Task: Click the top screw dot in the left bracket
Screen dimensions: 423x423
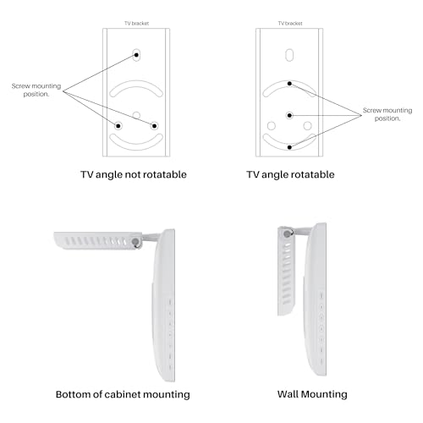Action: [x=136, y=55]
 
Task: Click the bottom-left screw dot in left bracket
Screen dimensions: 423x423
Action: [x=118, y=126]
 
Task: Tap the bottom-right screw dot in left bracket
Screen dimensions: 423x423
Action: [x=154, y=126]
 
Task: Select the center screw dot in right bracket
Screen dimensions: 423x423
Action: [x=289, y=115]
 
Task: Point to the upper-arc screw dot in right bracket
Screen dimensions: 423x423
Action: [x=289, y=84]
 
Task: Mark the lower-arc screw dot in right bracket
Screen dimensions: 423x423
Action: [x=289, y=147]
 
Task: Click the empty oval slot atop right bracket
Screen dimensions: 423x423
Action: [x=289, y=55]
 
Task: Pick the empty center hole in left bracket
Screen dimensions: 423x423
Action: [x=136, y=115]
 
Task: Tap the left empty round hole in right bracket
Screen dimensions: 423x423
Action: [x=272, y=126]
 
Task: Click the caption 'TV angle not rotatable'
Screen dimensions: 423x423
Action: [x=134, y=174]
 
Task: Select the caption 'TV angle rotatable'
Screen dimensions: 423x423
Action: [x=290, y=174]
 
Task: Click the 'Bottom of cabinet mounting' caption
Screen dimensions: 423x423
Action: [x=123, y=394]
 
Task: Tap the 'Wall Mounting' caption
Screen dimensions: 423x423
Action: [x=312, y=394]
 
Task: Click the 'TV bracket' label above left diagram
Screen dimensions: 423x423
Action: [x=137, y=24]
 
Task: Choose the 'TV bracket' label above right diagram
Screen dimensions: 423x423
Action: [x=290, y=24]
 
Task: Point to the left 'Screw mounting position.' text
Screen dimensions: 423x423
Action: [x=36, y=90]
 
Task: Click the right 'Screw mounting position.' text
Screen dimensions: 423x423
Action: [x=387, y=114]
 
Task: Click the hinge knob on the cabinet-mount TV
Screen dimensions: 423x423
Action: [x=136, y=242]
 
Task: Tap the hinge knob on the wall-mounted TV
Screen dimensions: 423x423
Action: [x=288, y=233]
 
